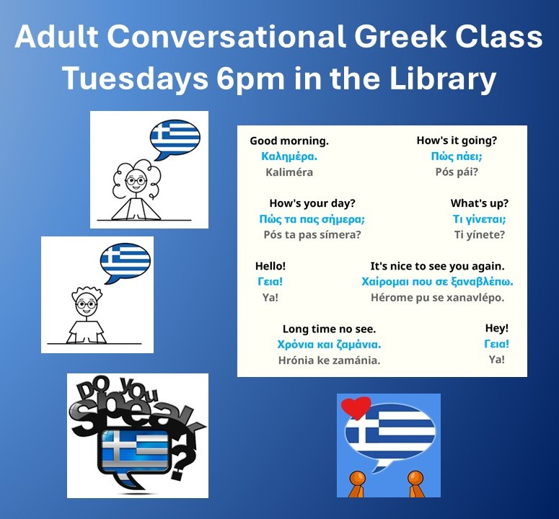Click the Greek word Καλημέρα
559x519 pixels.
coord(289,156)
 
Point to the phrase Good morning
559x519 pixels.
coord(289,141)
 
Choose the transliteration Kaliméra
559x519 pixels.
coord(289,172)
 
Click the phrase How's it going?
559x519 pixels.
coord(457,141)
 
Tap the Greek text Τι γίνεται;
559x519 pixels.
coord(479,218)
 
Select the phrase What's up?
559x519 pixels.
coord(479,203)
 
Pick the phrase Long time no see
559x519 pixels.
coord(329,329)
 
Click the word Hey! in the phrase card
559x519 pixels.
coord(497,328)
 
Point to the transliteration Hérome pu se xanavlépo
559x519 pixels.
coord(437,298)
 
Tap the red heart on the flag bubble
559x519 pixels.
coord(356,407)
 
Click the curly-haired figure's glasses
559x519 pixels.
coord(136,181)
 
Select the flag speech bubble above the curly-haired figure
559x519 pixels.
coord(175,140)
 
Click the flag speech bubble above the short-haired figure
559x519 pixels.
coord(125,262)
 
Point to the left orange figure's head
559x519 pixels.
coord(357,479)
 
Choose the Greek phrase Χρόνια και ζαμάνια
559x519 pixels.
coord(329,345)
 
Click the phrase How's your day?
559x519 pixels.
coord(312,203)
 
